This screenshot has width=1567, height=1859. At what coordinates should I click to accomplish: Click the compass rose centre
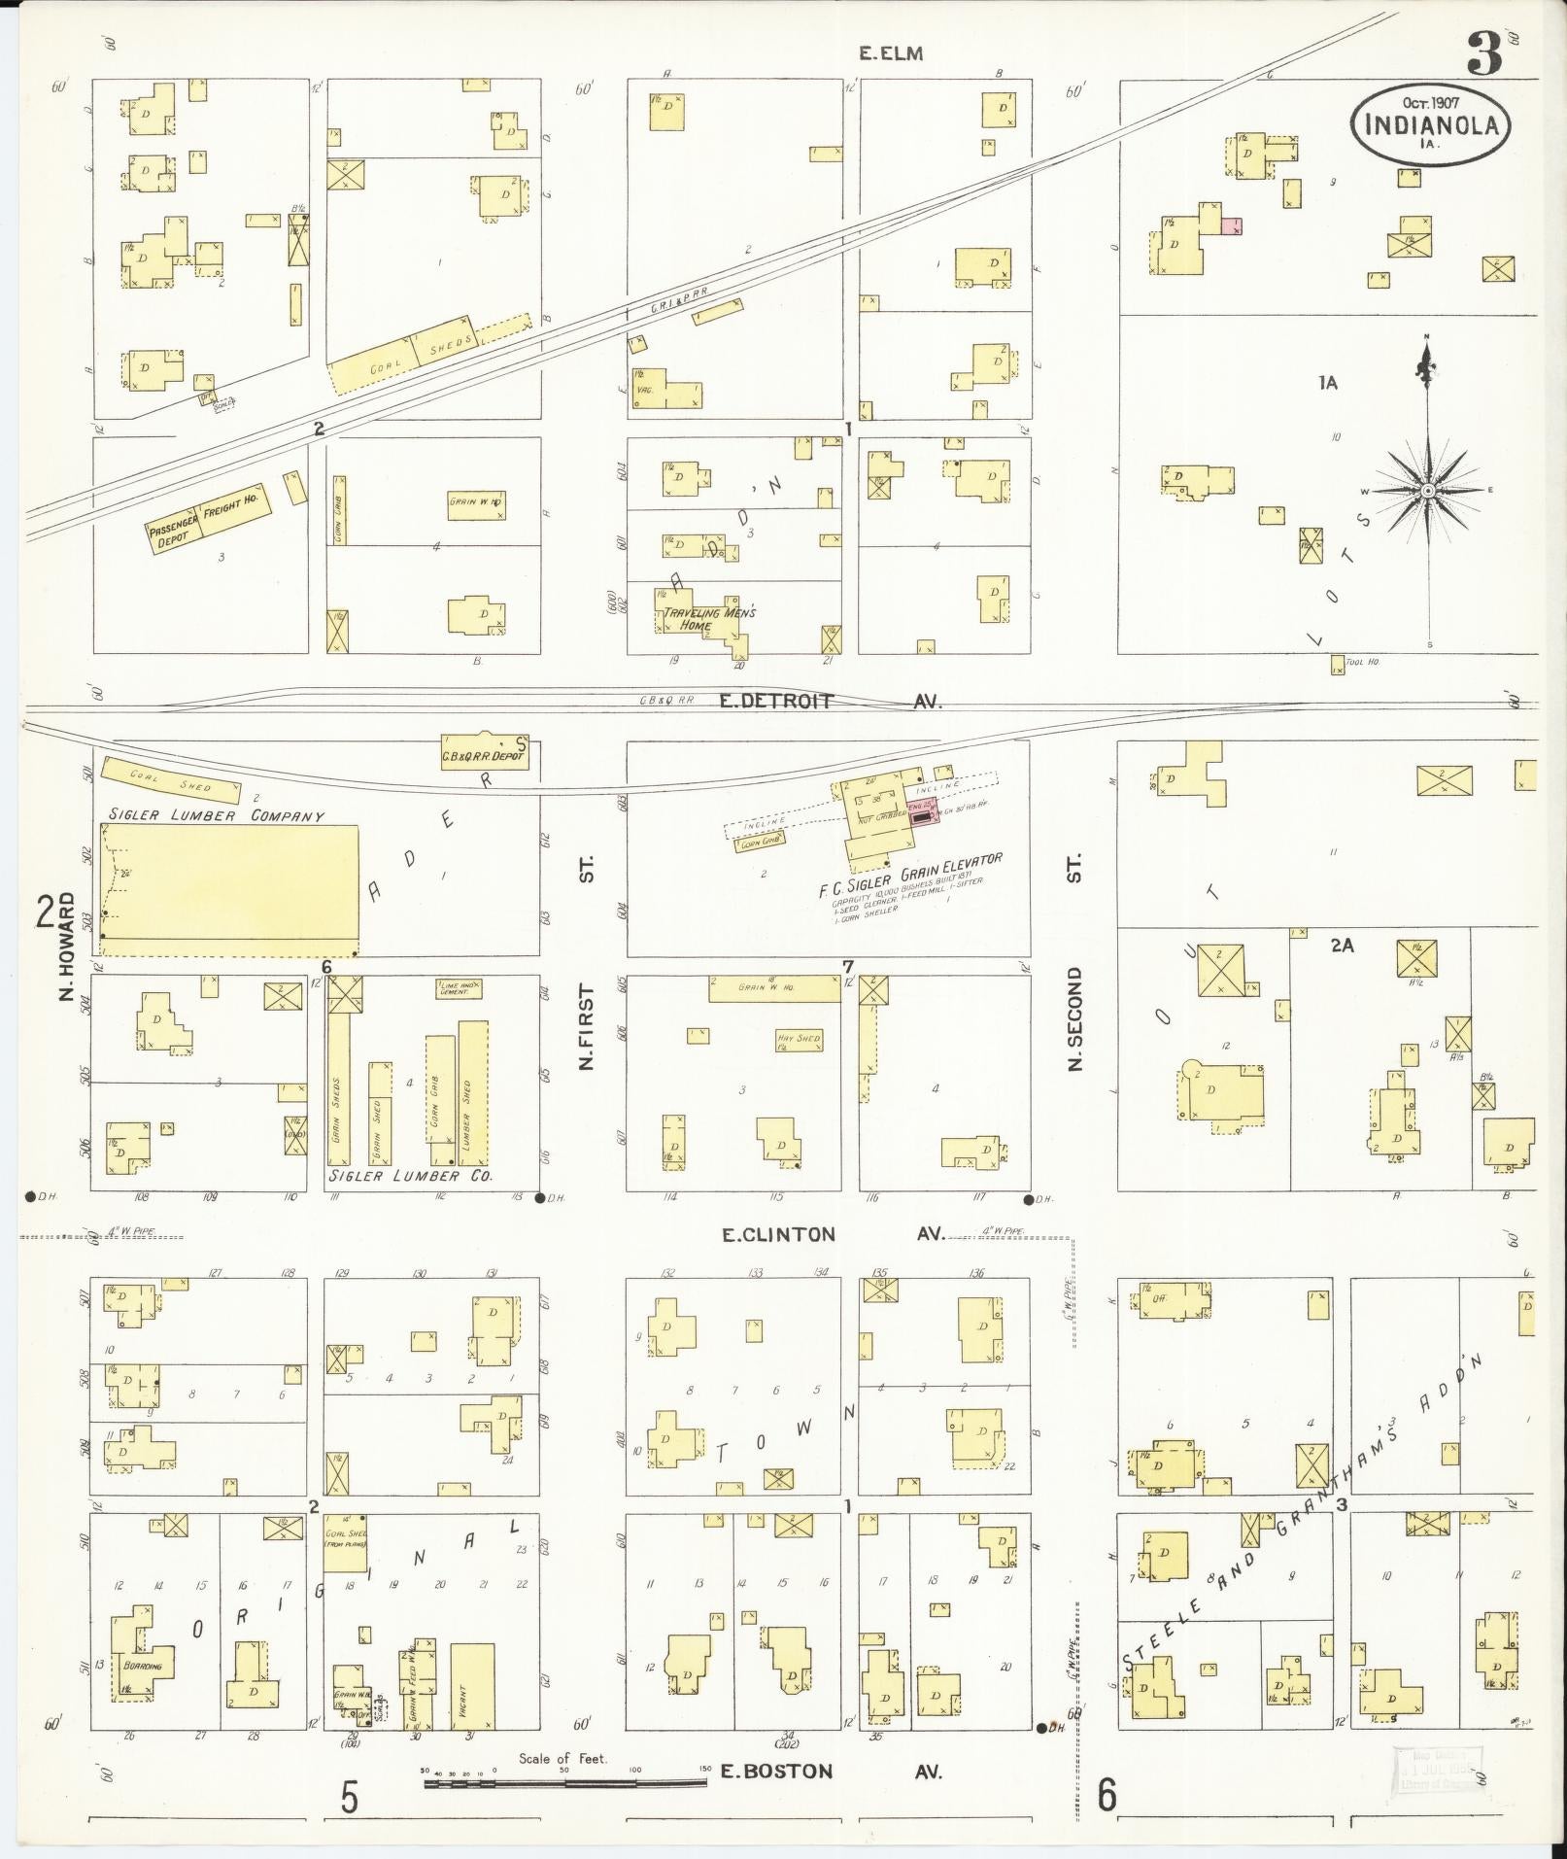tap(1427, 492)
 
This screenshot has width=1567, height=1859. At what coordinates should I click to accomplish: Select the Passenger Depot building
tap(171, 533)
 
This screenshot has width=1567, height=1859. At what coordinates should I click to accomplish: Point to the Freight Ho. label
tap(229, 508)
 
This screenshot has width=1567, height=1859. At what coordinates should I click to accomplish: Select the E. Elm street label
tap(890, 54)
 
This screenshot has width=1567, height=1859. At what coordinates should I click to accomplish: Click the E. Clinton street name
tap(777, 1235)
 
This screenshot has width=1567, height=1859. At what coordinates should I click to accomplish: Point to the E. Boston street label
tap(776, 1772)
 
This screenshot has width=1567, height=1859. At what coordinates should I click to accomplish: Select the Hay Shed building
tap(799, 1039)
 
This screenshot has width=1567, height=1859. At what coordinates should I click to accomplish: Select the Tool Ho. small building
tap(1338, 666)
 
